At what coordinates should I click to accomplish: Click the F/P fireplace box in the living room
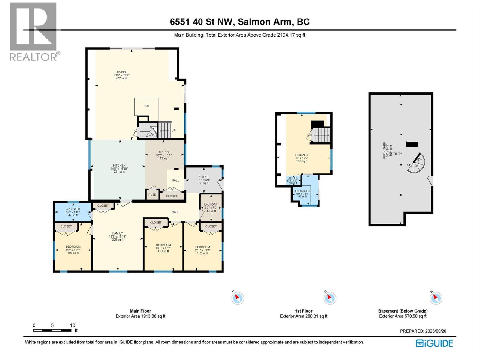point(147,106)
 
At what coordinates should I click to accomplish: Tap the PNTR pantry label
point(152,195)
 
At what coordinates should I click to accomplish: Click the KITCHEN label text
point(119,166)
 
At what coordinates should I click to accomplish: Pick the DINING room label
point(164,152)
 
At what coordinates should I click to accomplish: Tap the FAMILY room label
point(118,233)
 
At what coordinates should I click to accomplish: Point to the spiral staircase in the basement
point(417,163)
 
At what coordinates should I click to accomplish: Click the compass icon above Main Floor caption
point(238,298)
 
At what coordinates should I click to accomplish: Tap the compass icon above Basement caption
point(436,298)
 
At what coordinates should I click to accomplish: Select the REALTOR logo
point(34,31)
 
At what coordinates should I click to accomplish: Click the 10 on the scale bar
point(73,325)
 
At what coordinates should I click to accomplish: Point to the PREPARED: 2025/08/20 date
point(423,331)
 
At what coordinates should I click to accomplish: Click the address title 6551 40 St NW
point(240,22)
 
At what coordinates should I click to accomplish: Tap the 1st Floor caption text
point(303,311)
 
